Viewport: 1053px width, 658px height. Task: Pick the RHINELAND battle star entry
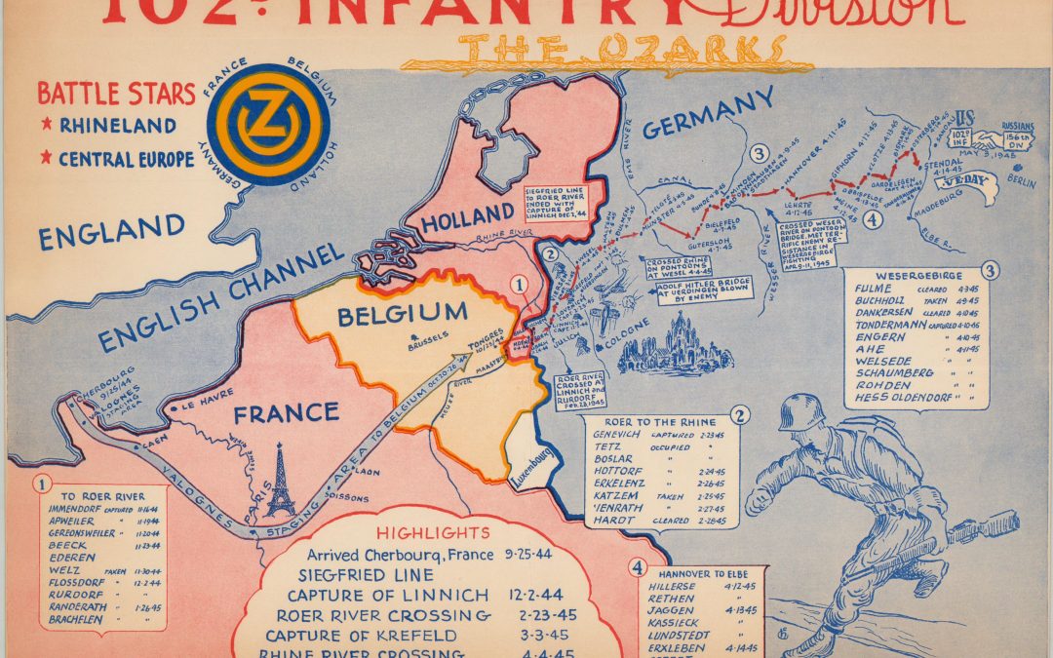tap(117, 127)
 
